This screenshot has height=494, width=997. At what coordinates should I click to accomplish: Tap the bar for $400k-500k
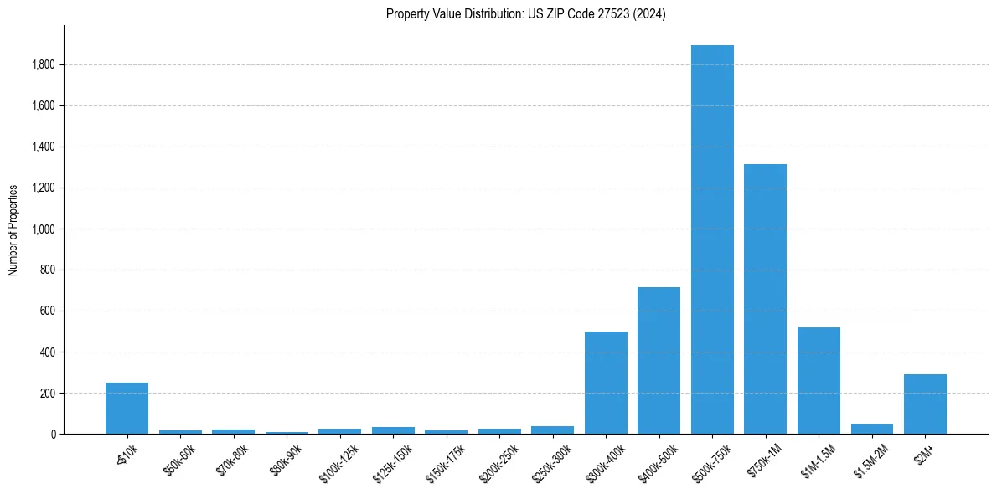[659, 361]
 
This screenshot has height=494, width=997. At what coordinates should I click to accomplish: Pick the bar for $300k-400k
[606, 383]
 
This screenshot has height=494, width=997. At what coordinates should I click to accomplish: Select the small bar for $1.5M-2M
[871, 429]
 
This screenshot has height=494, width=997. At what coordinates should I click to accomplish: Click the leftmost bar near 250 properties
[127, 409]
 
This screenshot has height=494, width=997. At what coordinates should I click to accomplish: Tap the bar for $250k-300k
[552, 430]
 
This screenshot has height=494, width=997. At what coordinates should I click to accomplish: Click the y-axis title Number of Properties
[13, 229]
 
